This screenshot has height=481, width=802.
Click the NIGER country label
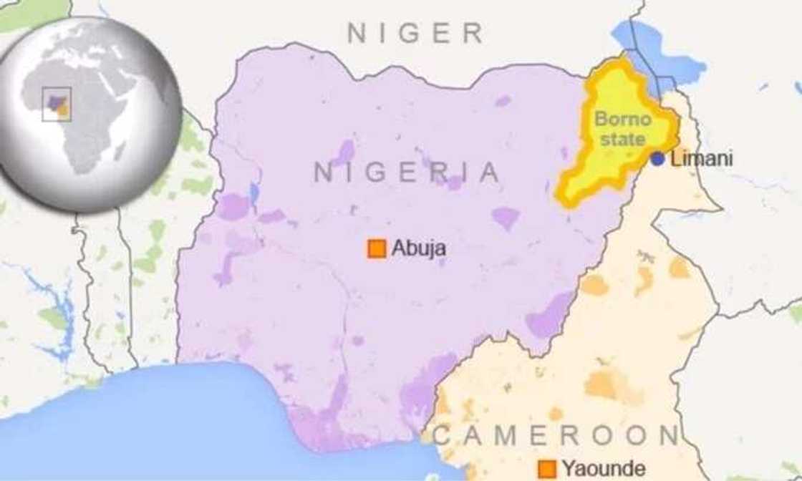coord(415,33)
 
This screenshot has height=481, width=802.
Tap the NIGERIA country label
coord(406,173)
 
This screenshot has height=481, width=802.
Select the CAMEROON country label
coord(556,435)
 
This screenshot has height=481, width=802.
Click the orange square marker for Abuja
coord(377,248)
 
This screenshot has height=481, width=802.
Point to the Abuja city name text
coord(419,248)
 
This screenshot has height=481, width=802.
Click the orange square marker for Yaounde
coord(549,469)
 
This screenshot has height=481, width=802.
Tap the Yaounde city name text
coord(603,469)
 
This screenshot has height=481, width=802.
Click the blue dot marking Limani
coord(657,159)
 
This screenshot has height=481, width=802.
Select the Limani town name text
coord(702,159)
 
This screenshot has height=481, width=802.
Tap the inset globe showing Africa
coord(90,115)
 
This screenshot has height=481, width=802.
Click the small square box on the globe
coord(56,105)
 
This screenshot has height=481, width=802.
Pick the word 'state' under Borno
coord(622,139)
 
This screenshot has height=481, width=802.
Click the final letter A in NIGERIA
coord(489,173)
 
